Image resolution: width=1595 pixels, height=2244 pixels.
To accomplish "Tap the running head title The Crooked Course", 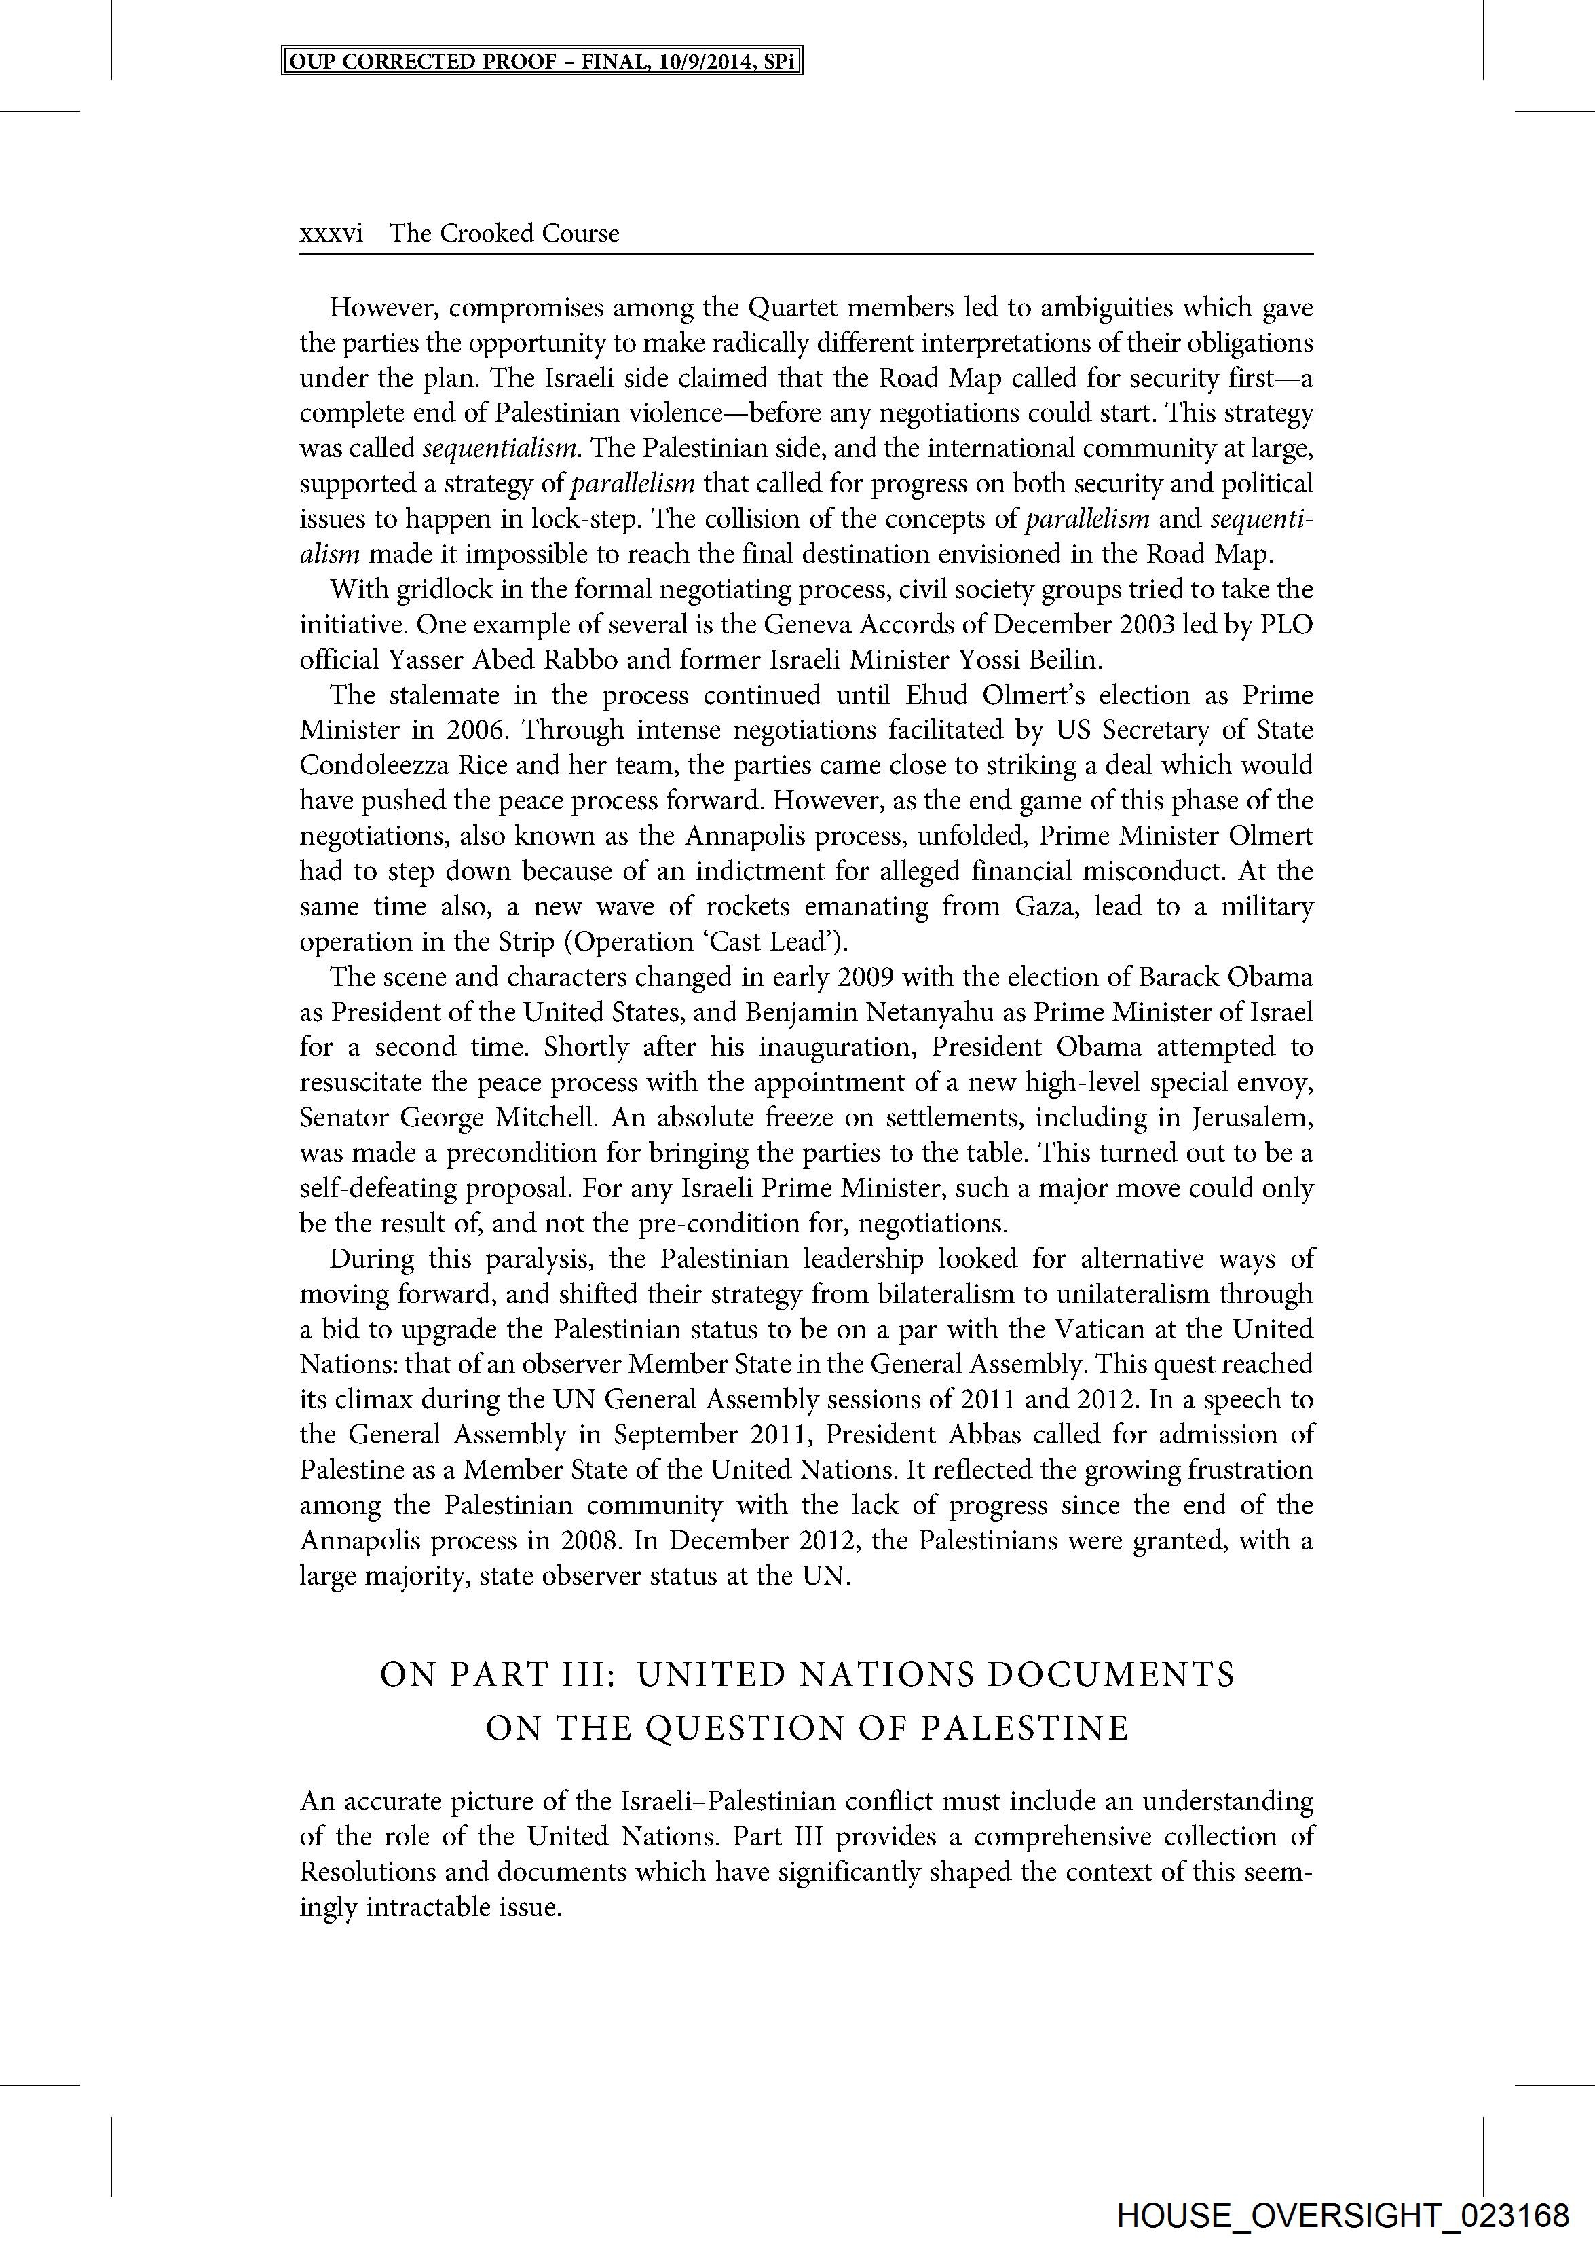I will [504, 234].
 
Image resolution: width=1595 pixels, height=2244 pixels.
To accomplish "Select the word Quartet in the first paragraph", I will [791, 308].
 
